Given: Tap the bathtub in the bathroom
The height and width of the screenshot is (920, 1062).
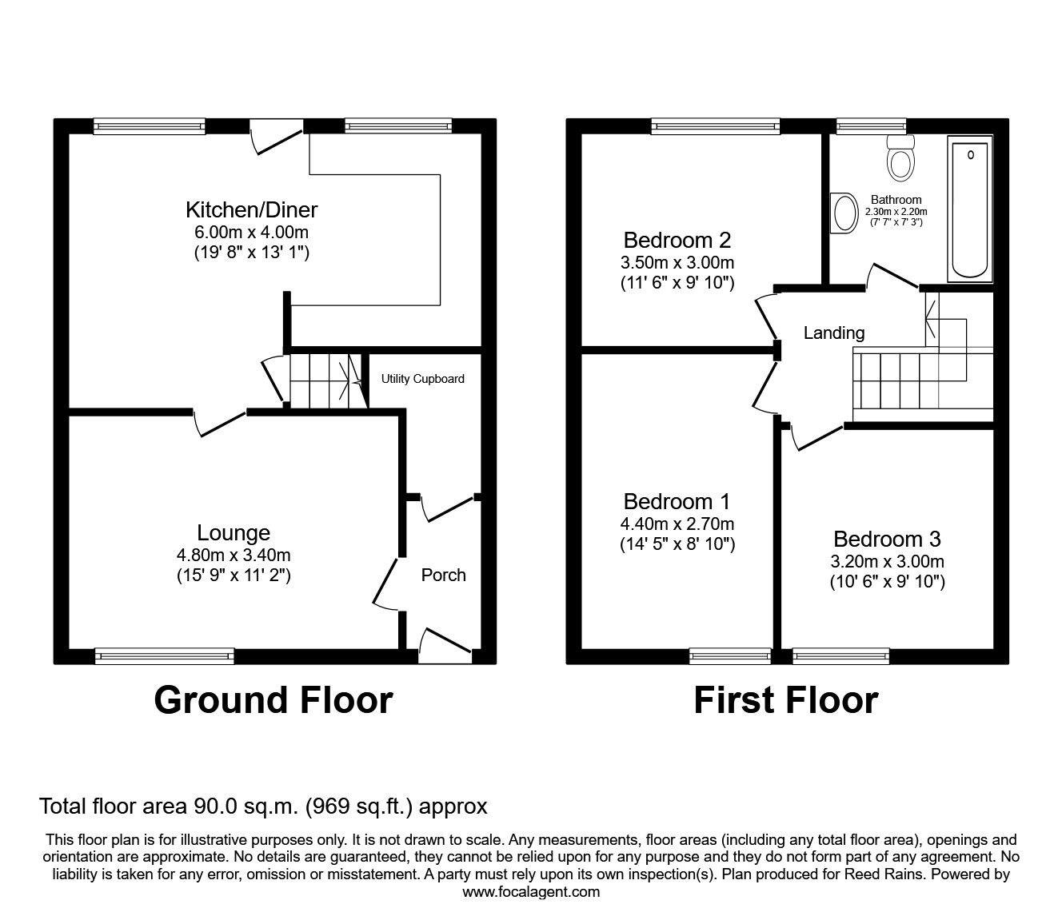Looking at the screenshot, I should click(x=970, y=209).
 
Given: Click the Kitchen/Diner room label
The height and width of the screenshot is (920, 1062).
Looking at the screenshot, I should click(x=251, y=210).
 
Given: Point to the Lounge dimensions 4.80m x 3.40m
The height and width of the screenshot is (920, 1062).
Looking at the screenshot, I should click(x=234, y=556).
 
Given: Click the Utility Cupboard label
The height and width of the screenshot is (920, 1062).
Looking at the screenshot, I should click(x=422, y=379).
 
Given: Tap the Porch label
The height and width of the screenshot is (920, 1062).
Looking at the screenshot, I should click(x=443, y=575).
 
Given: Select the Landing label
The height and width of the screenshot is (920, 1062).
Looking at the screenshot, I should click(x=833, y=333).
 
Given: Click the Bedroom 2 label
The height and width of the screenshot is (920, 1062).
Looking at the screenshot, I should click(x=677, y=240).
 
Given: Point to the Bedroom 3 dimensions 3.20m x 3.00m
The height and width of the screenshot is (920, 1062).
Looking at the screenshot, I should click(x=887, y=561).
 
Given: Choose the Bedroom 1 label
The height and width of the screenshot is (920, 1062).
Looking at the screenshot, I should click(x=677, y=502).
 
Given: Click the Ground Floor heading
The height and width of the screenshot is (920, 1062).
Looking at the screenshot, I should click(x=273, y=700).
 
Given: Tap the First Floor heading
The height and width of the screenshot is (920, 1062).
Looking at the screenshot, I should click(x=785, y=700).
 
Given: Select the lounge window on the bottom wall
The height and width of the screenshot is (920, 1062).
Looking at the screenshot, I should click(x=164, y=656).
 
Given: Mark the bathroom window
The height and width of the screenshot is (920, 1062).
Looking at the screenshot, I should click(x=871, y=125).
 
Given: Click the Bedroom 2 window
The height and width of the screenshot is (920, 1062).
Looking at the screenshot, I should click(x=715, y=125).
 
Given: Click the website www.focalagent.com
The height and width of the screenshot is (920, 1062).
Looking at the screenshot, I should click(x=531, y=892).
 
